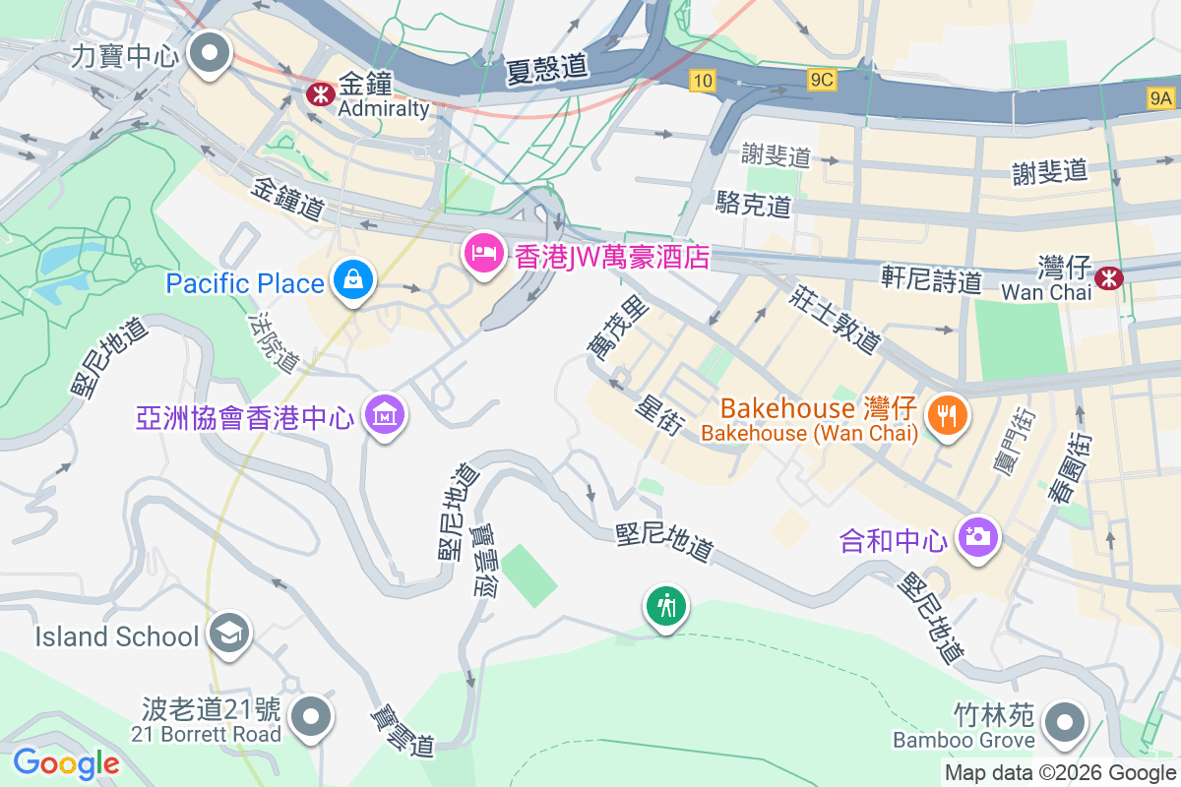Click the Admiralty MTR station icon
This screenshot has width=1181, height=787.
[319, 93]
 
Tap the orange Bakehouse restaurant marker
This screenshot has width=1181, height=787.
[946, 415]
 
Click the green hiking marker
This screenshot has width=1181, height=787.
[667, 605]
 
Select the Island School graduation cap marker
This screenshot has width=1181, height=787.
[229, 633]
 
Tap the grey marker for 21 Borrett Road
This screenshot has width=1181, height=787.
[312, 716]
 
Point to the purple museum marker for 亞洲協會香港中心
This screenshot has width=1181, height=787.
[385, 416]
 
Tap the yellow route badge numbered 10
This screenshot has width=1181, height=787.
[702, 82]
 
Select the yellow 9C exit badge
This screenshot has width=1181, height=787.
[822, 80]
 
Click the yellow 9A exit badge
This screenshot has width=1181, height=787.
[1161, 96]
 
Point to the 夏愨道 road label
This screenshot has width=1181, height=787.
[547, 68]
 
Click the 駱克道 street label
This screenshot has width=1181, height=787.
[754, 205]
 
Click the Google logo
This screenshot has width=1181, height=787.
[66, 763]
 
